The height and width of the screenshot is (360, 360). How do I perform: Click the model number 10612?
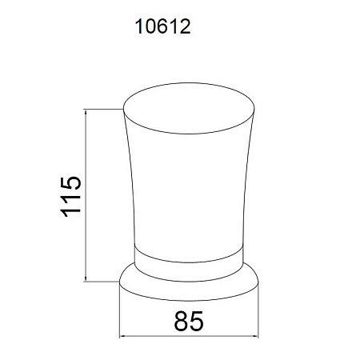pos(163,26)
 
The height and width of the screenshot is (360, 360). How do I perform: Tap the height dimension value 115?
pos(70,197)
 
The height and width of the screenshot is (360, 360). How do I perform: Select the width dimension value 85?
pos(189,321)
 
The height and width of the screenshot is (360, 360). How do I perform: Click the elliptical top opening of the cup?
pos(189,108)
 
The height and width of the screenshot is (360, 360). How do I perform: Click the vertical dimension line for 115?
pos(86,195)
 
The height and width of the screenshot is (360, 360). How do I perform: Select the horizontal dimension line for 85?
pos(189,336)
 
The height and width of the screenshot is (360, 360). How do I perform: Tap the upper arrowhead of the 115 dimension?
pos(86,112)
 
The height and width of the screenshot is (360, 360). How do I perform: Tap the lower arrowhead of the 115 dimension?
pos(86,278)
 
